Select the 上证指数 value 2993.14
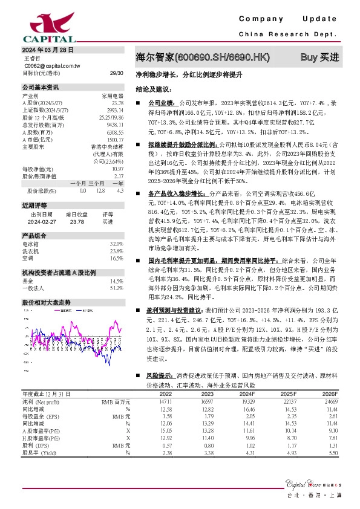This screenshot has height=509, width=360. click(x=114, y=110)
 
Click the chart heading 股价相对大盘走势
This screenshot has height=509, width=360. click(x=47, y=301)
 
